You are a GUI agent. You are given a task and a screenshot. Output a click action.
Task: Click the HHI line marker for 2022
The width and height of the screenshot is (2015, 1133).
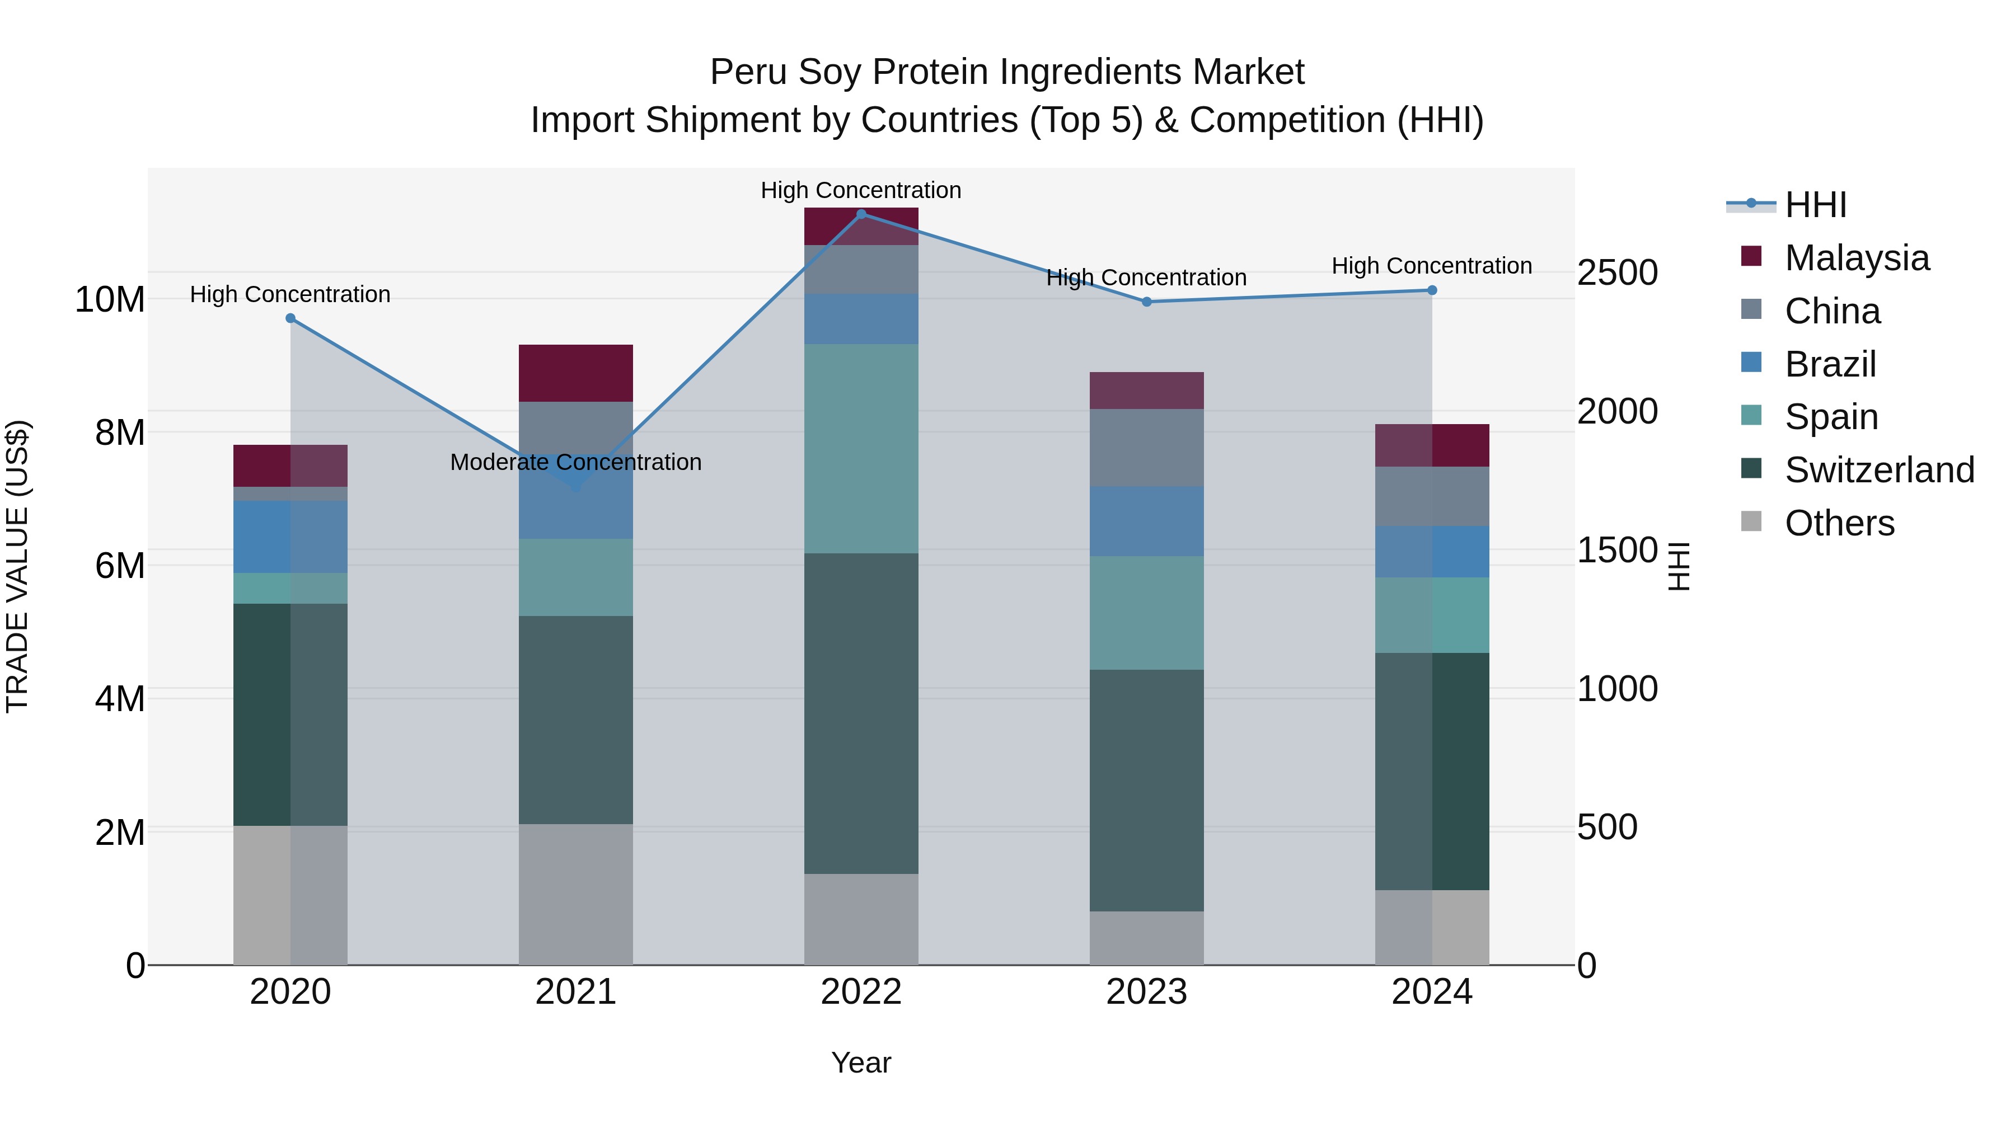pyautogui.click(x=861, y=214)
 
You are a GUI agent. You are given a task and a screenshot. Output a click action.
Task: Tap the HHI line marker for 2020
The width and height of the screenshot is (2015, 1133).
pyautogui.click(x=290, y=318)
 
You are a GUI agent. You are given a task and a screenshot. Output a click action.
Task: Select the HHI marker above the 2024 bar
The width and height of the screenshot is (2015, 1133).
pyautogui.click(x=1432, y=290)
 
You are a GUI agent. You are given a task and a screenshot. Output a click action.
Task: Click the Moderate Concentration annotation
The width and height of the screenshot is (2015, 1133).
pyautogui.click(x=576, y=462)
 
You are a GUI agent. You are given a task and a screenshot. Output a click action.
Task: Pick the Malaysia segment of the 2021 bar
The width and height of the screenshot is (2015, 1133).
pyautogui.click(x=576, y=373)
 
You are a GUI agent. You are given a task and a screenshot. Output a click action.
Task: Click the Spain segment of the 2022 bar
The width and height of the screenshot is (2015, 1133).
pyautogui.click(x=861, y=449)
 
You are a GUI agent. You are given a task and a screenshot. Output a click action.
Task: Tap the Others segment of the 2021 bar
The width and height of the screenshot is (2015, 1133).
pyautogui.click(x=576, y=895)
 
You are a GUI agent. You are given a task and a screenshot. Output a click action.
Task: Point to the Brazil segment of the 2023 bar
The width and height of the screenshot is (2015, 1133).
pyautogui.click(x=1147, y=521)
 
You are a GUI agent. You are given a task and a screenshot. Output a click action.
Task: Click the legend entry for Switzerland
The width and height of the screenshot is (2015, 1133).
pyautogui.click(x=1879, y=470)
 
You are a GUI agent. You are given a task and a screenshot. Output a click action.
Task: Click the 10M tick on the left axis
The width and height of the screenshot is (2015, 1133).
pyautogui.click(x=110, y=299)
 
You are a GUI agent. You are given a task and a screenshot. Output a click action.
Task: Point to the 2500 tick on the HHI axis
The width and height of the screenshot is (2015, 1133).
pyautogui.click(x=1617, y=273)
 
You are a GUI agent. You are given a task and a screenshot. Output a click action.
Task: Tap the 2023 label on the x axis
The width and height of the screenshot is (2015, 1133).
pyautogui.click(x=1147, y=992)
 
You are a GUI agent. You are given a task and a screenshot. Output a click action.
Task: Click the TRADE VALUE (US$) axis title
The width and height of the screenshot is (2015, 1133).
pyautogui.click(x=17, y=566)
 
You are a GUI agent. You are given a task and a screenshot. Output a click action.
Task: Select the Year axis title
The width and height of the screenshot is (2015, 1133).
pyautogui.click(x=861, y=1063)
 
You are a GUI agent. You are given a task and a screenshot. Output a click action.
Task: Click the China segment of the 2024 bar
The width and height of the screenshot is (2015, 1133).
pyautogui.click(x=1432, y=496)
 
